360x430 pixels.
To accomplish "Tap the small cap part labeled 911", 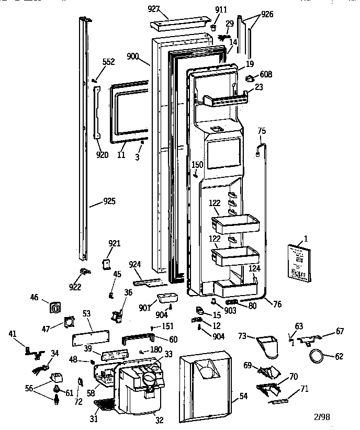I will [215, 27].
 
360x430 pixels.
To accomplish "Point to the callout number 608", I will [265, 75].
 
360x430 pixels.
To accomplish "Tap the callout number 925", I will [109, 201].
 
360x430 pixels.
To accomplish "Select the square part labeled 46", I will [54, 308].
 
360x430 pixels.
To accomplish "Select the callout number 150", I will [197, 165].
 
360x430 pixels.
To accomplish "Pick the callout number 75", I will [262, 131].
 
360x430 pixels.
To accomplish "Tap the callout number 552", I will [108, 62].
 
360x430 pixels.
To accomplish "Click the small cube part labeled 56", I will [56, 377].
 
